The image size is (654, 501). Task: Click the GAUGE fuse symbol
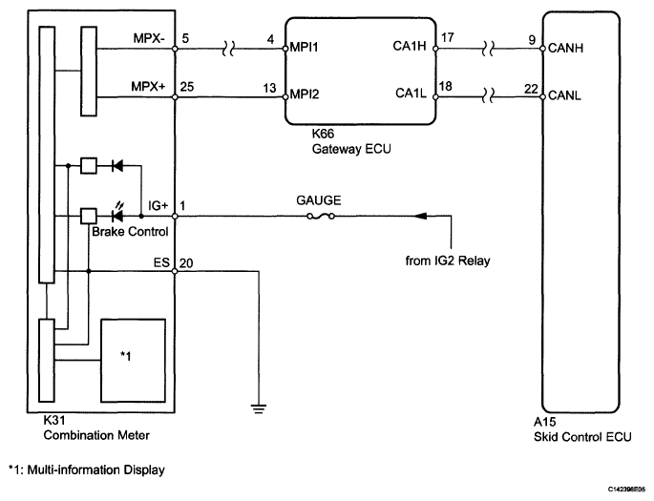pos(321,216)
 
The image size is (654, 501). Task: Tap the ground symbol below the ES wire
pos(259,408)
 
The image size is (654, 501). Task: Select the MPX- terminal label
pos(149,38)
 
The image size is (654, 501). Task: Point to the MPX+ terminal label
pos(148,86)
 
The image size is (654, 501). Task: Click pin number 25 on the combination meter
pos(187,87)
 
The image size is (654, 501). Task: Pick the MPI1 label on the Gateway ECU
pos(304,47)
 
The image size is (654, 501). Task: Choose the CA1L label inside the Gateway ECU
pos(411,93)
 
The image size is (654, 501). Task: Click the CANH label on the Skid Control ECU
pos(565,48)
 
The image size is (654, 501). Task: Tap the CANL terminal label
pos(564,95)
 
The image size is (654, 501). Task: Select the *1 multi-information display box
pos(133,361)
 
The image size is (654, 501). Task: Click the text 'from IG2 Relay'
pos(448,261)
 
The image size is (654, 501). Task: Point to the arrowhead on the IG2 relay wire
pos(420,216)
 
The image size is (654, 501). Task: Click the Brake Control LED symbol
pos(117,215)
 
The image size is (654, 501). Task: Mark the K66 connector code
pos(323,134)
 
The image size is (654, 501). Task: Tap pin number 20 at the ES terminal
pos(186,263)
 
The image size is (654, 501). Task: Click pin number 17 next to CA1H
pos(447,38)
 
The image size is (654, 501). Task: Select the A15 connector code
pos(545,422)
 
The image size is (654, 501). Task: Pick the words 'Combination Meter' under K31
pos(96,435)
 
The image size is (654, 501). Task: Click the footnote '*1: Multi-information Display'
pos(87,470)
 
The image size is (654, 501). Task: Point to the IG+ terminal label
pos(158,205)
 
